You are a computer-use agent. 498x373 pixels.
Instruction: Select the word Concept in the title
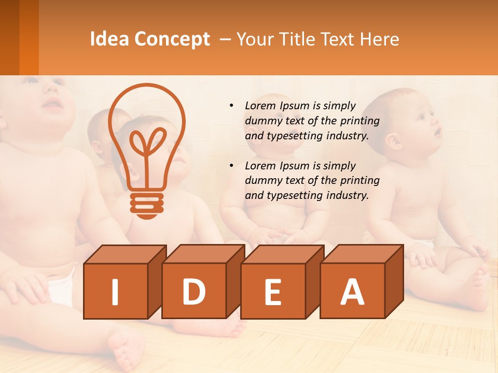point(172,39)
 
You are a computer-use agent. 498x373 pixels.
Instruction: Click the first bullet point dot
point(231,106)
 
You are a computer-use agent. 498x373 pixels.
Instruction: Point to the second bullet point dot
point(231,166)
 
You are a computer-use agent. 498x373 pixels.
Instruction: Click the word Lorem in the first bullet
point(260,106)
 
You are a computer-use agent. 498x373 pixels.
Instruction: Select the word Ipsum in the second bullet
point(295,166)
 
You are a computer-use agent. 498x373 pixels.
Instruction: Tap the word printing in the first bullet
point(360,121)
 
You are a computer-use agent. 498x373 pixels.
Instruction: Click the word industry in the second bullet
point(348,195)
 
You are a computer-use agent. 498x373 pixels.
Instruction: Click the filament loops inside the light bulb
point(148,142)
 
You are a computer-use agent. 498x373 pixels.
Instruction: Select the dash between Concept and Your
point(226,40)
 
